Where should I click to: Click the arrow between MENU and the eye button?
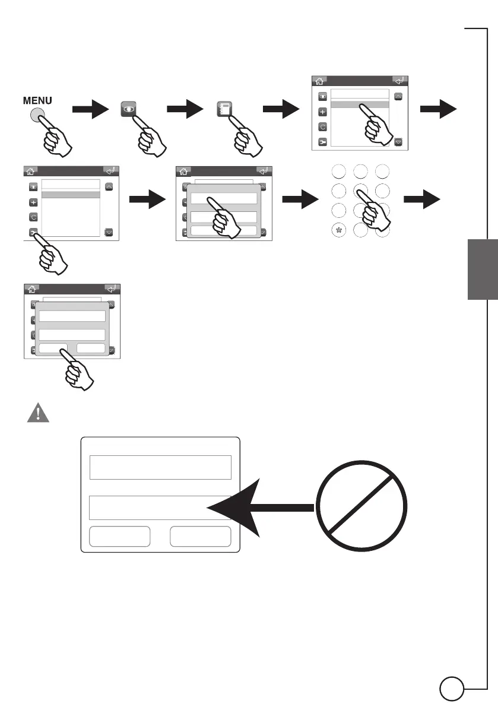(x=90, y=110)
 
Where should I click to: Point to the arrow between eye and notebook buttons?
(x=186, y=110)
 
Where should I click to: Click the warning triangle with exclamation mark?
(x=37, y=413)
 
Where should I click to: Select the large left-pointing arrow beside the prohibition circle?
(x=261, y=507)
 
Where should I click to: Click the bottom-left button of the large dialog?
(x=119, y=536)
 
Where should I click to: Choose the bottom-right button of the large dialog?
(x=200, y=536)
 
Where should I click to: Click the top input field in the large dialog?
(x=160, y=467)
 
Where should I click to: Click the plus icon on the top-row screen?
(x=323, y=111)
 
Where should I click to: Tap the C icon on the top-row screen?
(x=323, y=126)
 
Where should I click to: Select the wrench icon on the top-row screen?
(x=323, y=142)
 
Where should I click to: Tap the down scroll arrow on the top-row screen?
(x=398, y=142)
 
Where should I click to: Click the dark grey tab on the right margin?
(x=483, y=270)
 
